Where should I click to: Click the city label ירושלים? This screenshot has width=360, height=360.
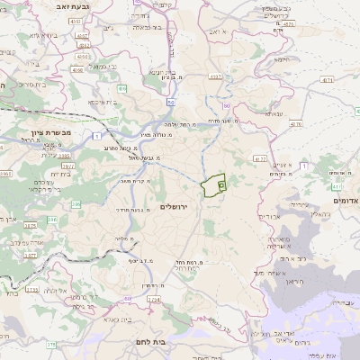tap(177, 206)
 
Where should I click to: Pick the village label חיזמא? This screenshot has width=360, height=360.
tap(280, 59)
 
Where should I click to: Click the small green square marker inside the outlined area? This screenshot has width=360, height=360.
tap(221, 184)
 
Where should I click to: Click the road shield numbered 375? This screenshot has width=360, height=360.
tap(52, 344)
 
